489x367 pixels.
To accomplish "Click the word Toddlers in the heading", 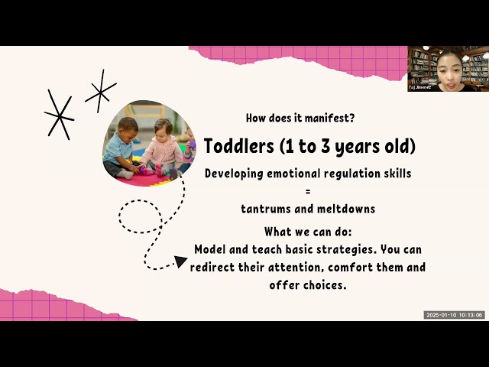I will [x=235, y=146].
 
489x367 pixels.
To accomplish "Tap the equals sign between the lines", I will [x=307, y=190].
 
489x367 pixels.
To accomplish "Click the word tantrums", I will [x=264, y=207].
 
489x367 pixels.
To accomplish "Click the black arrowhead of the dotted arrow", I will [x=181, y=261].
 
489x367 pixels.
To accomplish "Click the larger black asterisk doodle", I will [x=58, y=114].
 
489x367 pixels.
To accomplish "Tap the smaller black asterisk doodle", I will [x=100, y=91].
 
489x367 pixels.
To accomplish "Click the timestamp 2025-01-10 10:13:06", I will [x=455, y=315].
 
